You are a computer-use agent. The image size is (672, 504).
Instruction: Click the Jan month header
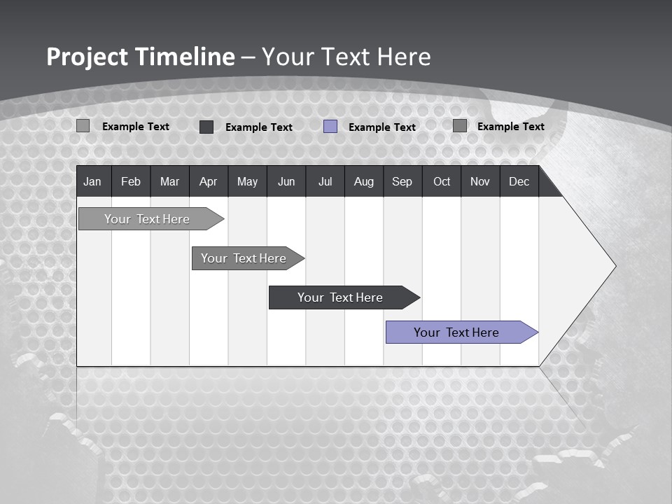92,182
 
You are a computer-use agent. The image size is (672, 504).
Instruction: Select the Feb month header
131,182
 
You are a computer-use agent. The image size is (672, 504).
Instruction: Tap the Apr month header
208,182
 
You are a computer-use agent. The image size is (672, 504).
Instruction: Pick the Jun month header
286,182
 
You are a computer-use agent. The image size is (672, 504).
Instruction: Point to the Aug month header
363,182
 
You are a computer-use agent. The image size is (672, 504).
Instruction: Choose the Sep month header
402,182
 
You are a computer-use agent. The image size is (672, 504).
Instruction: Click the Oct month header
442,182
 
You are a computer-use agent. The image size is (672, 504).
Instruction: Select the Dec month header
519,182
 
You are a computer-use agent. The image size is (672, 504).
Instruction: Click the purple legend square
330,127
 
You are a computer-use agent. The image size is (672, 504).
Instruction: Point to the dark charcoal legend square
206,127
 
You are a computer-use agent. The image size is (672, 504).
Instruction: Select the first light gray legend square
83,126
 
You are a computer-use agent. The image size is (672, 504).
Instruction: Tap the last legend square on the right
460,126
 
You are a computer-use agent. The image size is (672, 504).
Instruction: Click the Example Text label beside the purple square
382,127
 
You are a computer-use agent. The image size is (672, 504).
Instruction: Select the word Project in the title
87,57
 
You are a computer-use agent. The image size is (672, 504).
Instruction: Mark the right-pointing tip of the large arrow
615,266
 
